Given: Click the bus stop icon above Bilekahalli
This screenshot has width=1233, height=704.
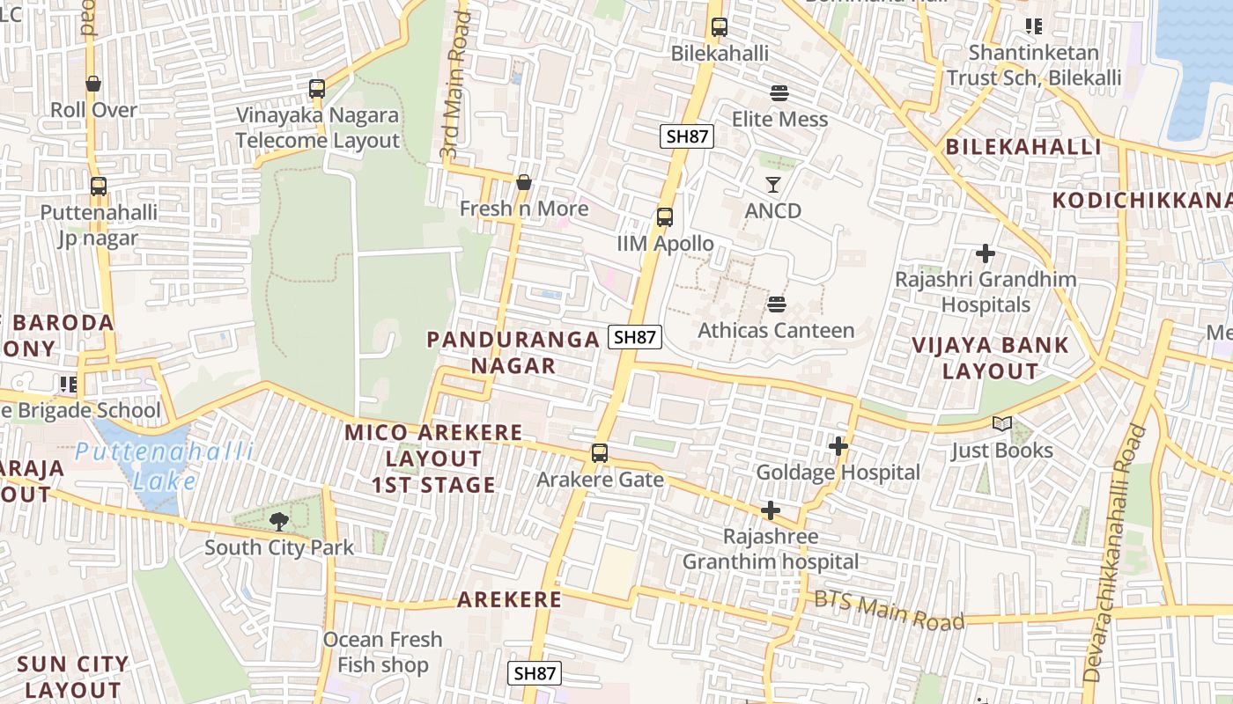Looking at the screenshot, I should [x=720, y=27].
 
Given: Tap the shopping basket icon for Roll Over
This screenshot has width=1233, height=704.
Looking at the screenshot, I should [x=93, y=84].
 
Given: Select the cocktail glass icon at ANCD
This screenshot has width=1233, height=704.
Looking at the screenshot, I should [x=773, y=185].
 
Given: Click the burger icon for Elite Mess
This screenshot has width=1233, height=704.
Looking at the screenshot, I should [x=779, y=93].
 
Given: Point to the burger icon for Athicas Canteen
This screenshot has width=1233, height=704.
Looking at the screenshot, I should [x=776, y=304].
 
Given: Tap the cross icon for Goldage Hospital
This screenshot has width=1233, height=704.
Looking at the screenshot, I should [x=838, y=447].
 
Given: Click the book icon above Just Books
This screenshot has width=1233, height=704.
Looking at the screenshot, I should [x=1002, y=424].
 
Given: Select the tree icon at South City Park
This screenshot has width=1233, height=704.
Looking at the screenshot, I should [x=279, y=521].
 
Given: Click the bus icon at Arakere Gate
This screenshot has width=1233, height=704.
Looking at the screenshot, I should [x=600, y=454].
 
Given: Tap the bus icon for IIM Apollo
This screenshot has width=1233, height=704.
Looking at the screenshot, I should [x=665, y=217].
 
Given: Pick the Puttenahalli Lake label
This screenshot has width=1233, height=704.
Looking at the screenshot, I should [x=165, y=466].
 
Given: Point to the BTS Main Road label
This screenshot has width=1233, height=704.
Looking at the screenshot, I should [x=889, y=610].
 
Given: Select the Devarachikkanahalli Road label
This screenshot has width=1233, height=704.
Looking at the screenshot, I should [x=1114, y=554].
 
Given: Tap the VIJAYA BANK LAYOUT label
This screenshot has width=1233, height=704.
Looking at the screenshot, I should [x=991, y=358].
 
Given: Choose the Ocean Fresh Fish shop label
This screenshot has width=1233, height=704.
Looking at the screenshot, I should [x=382, y=652].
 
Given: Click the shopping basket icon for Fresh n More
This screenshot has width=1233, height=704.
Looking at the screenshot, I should [x=524, y=182].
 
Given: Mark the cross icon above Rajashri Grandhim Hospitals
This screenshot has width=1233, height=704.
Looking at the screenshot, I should [x=986, y=254].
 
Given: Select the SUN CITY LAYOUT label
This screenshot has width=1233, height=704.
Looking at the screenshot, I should [x=72, y=676].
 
